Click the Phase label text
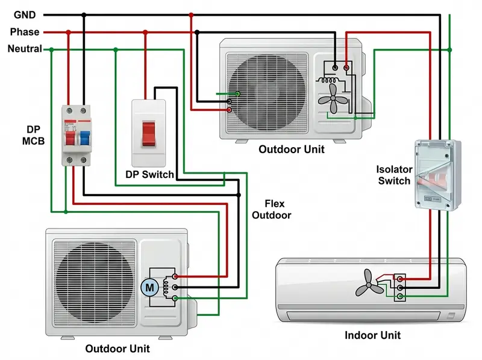point(25,32)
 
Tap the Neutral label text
point(25,49)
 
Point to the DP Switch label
point(149,175)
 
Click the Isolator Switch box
point(437,175)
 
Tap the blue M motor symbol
point(148,288)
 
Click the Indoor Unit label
point(372,335)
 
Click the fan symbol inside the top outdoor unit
point(333,96)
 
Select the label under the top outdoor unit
point(291,150)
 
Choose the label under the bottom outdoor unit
point(117,349)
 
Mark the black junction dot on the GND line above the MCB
point(84,14)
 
